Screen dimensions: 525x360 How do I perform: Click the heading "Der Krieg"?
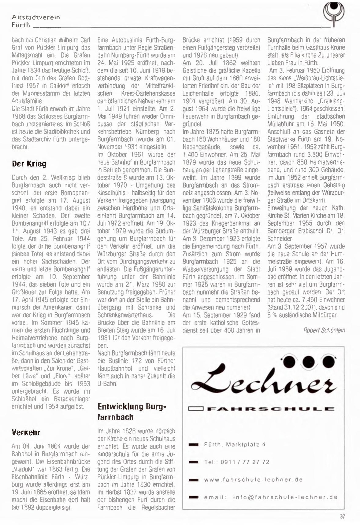[29, 164]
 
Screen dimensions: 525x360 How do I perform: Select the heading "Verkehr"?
[26, 432]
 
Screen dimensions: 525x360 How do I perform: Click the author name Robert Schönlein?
[324, 330]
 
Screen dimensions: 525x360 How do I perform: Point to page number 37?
[342, 516]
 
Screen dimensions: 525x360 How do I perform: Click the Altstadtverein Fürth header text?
[35, 21]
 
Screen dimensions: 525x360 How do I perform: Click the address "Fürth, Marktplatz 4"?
[235, 444]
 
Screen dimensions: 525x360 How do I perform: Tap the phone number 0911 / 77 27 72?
[245, 462]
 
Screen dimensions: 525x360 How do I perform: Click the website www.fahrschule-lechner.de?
[253, 479]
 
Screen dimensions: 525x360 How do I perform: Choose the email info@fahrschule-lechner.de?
[285, 497]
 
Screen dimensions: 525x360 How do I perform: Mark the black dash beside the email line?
[194, 497]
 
